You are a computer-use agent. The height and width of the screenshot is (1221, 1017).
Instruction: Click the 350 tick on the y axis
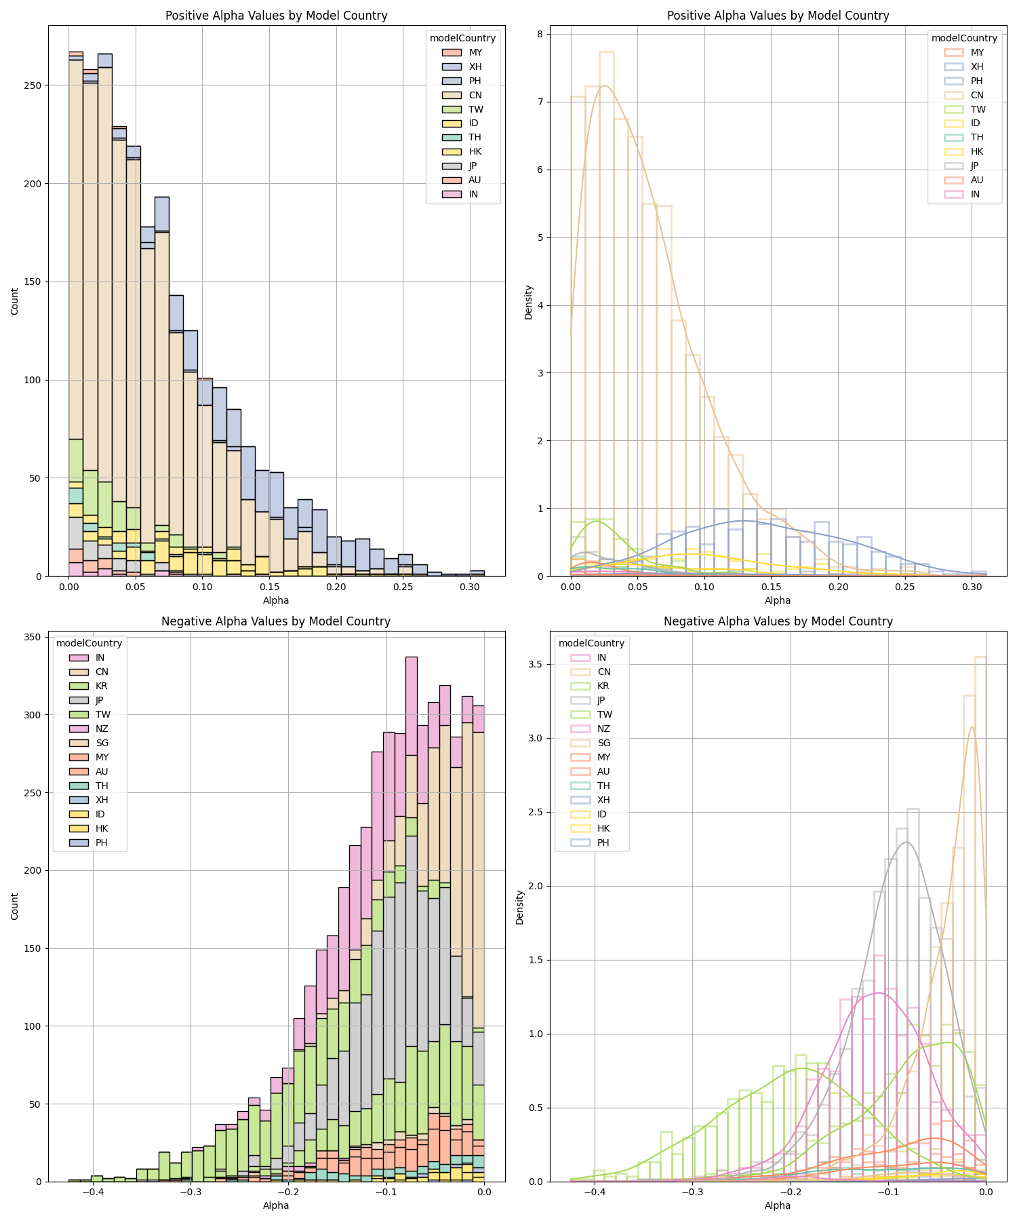coord(35,637)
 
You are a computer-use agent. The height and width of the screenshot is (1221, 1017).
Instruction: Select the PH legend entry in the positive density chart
coord(976,81)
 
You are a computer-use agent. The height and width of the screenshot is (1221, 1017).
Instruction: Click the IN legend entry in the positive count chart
coord(473,194)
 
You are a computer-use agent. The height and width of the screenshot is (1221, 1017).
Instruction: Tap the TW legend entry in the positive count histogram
coord(475,109)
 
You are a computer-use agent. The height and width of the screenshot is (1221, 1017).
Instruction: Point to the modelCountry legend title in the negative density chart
coord(591,643)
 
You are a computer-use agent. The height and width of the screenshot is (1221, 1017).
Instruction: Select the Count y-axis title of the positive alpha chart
coord(15,301)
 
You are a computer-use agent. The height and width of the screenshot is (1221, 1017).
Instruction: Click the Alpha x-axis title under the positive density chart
coord(778,600)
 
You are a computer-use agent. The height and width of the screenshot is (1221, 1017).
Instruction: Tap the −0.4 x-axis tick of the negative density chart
coord(594,1192)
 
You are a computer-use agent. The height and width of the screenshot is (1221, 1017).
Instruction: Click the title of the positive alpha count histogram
coord(277,16)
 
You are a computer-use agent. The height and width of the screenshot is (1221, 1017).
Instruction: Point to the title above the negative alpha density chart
coord(778,621)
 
